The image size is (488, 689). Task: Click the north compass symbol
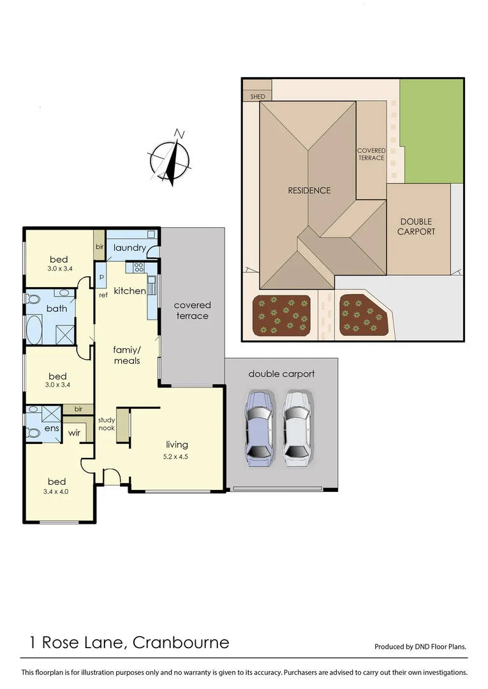(170, 157)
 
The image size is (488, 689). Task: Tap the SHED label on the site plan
(257, 96)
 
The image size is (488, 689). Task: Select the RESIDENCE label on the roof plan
(309, 190)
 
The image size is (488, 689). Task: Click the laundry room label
(129, 248)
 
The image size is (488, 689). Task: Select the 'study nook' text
(107, 424)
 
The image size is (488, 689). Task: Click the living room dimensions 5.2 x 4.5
(177, 456)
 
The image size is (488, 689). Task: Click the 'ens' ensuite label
(52, 429)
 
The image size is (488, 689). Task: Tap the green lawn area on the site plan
(431, 131)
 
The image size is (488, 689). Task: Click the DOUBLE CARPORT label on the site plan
(416, 226)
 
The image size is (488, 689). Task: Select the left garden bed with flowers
(281, 315)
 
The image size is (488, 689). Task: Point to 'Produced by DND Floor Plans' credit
(420, 646)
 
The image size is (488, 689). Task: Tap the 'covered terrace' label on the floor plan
(192, 311)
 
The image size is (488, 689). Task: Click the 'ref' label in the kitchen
(103, 295)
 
